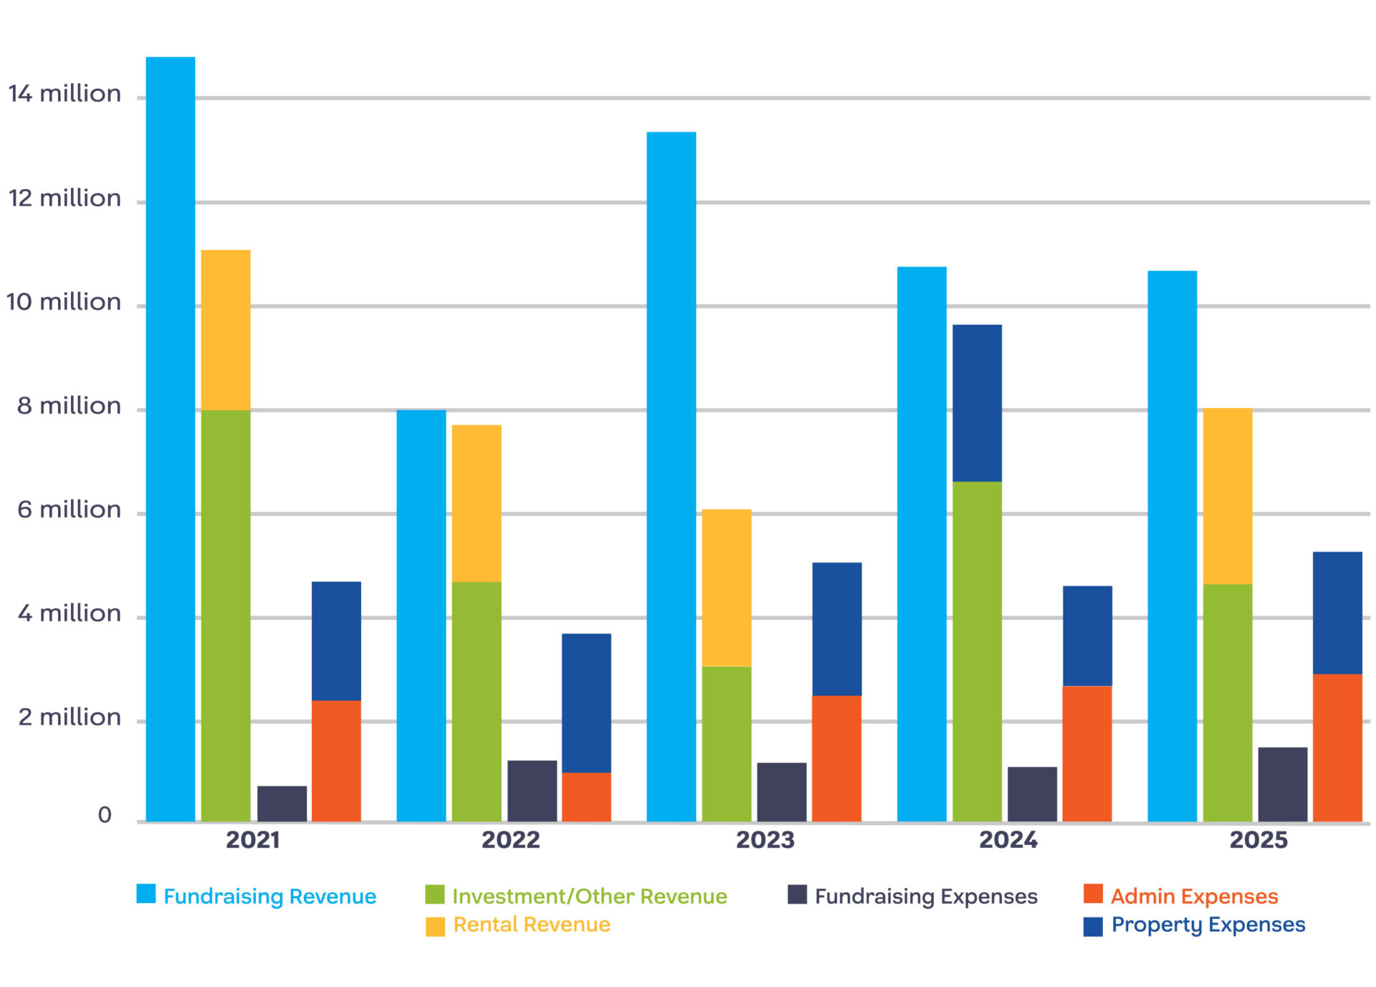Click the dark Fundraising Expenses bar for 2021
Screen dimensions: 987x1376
(282, 804)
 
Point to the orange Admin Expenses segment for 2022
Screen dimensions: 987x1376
(586, 796)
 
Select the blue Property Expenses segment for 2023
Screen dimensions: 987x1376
(836, 629)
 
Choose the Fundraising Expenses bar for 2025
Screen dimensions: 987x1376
(1282, 784)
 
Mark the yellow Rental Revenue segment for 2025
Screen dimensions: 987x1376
(1227, 496)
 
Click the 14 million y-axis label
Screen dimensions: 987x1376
(64, 94)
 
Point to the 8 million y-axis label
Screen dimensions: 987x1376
(69, 406)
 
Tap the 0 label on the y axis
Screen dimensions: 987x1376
(105, 815)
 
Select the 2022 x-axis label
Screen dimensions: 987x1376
(510, 840)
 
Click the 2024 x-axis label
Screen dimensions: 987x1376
(1008, 840)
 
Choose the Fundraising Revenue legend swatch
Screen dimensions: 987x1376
(146, 894)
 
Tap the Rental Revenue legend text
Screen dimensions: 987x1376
(532, 925)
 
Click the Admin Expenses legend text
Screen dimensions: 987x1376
(1194, 896)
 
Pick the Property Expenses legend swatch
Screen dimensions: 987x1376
(1093, 926)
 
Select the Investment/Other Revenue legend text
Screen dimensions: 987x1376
(589, 896)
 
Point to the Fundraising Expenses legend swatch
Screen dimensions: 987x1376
(797, 895)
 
